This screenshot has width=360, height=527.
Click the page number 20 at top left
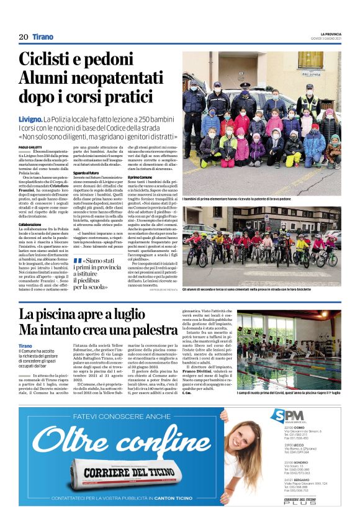[24, 37]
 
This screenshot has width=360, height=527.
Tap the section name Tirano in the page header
[43, 37]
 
